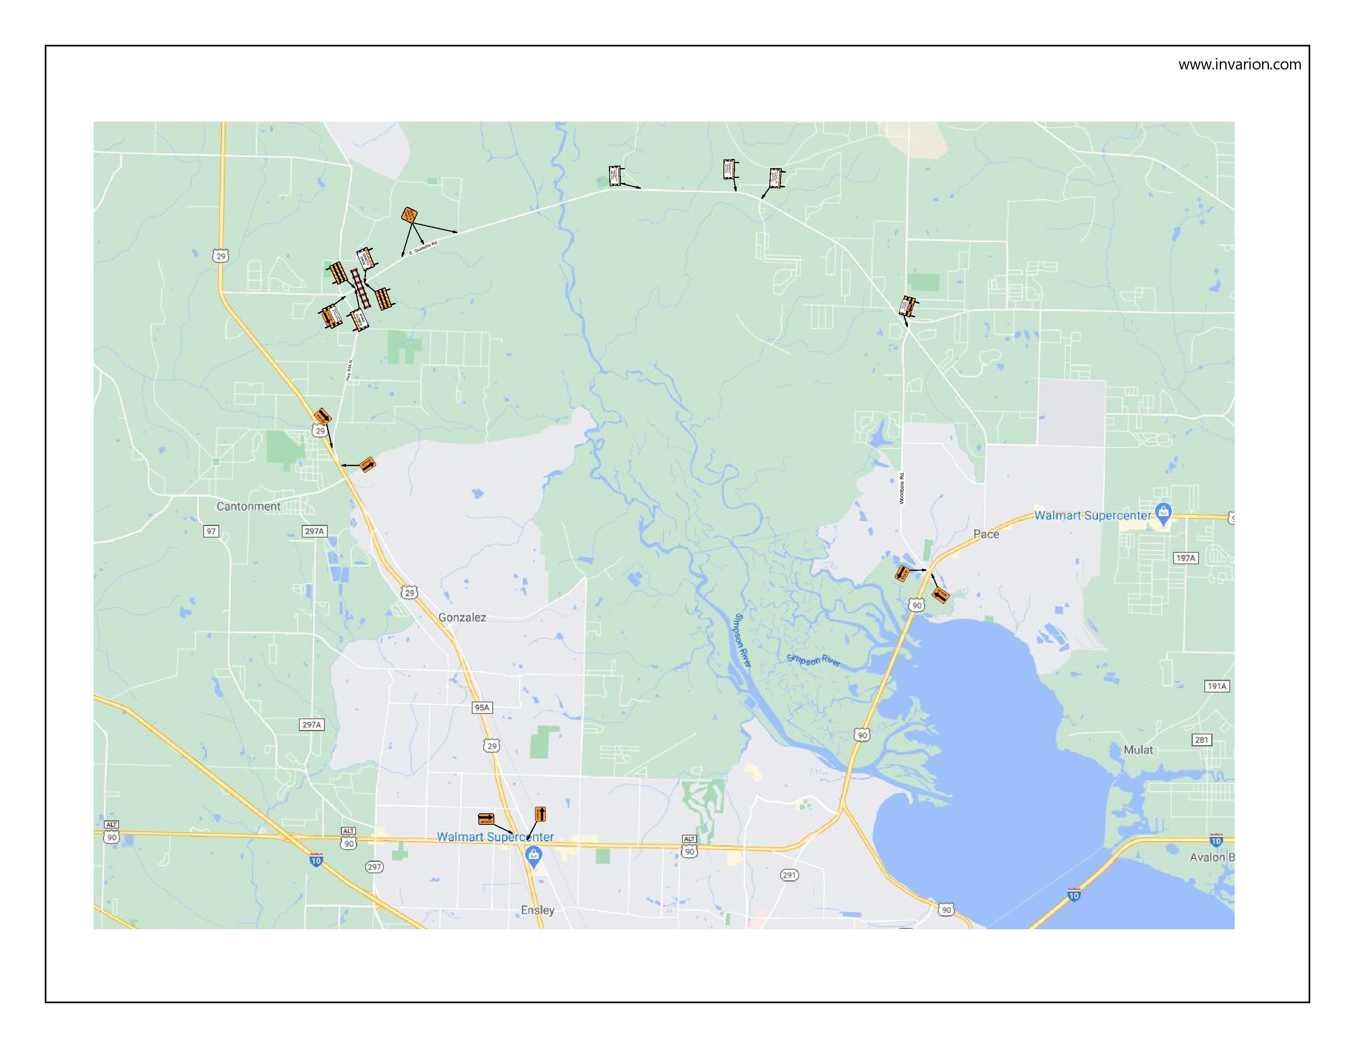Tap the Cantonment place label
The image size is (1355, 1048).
tap(248, 507)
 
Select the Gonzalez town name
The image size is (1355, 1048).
tap(462, 618)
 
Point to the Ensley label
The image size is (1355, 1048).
tap(537, 910)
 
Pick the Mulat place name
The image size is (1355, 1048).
tap(1138, 750)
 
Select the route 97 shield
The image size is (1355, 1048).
tap(211, 531)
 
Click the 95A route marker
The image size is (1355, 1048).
tap(482, 708)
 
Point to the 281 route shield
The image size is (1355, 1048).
tap(1202, 740)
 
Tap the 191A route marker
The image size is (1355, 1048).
tap(1217, 687)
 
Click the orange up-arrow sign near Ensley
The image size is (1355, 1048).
tap(540, 814)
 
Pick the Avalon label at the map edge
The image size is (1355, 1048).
tap(1211, 857)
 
